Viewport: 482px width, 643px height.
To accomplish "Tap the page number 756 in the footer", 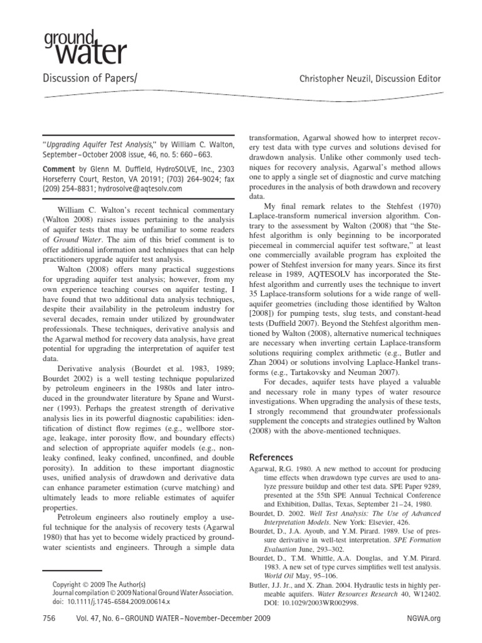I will pos(50,619).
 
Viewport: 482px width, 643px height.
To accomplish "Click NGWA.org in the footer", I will pos(427,619).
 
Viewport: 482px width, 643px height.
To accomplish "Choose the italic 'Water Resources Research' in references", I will pos(349,593).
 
